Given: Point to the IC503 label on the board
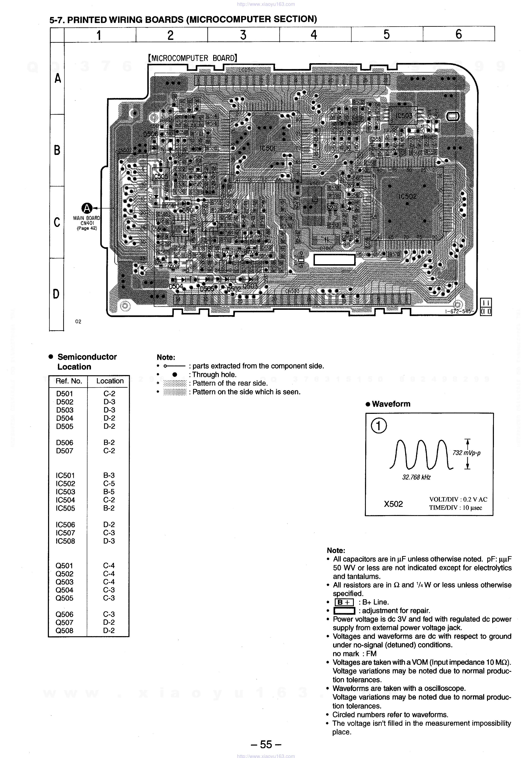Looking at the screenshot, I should click(x=404, y=116).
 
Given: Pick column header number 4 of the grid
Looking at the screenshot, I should click(x=314, y=35).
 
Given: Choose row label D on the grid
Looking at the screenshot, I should click(x=56, y=294).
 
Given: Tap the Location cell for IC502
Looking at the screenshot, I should click(x=109, y=484).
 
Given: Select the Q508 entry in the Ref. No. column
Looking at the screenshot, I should click(x=64, y=631).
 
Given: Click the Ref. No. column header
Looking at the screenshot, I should click(x=69, y=381).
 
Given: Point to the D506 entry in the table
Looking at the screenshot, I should click(x=65, y=443).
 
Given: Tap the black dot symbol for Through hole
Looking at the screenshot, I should click(x=175, y=375).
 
